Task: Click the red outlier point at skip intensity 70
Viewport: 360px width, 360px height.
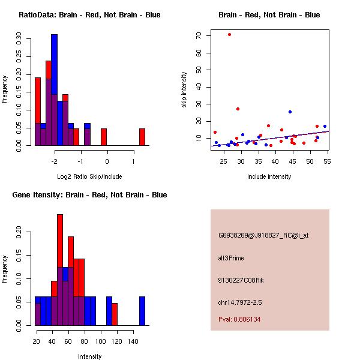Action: point(229,34)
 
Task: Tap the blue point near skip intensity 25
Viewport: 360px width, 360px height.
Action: point(290,112)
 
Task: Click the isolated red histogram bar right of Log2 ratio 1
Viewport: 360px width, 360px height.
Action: point(142,137)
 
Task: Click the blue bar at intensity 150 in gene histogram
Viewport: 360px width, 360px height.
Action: point(142,311)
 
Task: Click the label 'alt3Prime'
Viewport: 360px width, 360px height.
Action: point(231,258)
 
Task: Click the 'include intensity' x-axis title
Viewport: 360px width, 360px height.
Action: point(269,176)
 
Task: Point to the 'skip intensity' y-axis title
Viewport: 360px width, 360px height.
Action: point(185,90)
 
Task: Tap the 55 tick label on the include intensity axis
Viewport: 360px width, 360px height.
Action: point(326,161)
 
